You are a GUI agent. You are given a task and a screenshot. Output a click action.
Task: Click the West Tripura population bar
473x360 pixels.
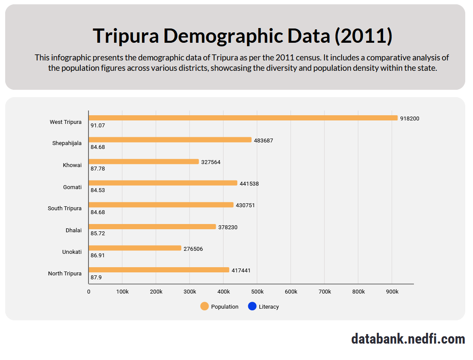[x=243, y=118]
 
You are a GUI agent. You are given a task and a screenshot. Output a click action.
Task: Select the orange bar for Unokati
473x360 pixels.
[x=135, y=248]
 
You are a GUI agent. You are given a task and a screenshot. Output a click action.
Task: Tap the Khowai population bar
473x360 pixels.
[x=144, y=162]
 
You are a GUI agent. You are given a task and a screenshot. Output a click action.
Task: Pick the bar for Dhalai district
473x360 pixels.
[x=152, y=227]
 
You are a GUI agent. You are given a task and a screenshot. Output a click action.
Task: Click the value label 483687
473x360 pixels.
[x=264, y=140]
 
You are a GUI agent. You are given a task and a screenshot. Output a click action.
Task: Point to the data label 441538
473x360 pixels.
[x=249, y=183]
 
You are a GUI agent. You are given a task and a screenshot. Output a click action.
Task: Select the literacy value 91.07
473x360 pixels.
[x=98, y=126]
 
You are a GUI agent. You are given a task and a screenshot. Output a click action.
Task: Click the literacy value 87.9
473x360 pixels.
[x=96, y=277]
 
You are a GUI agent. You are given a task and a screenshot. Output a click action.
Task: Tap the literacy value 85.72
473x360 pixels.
[x=98, y=234]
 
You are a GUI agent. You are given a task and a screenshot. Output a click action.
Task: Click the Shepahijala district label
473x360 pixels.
[x=67, y=143]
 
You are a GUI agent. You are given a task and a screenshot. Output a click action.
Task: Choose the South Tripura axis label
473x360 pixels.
[x=65, y=208]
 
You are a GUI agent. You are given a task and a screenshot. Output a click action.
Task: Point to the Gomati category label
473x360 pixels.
[x=72, y=187]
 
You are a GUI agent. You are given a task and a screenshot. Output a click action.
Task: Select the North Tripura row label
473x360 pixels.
[x=65, y=274]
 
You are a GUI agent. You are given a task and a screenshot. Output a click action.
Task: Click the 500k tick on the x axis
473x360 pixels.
[x=257, y=292]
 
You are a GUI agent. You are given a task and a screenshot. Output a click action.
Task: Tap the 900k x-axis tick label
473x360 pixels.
[x=392, y=292]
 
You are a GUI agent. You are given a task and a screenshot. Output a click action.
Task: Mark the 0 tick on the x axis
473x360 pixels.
[x=89, y=292]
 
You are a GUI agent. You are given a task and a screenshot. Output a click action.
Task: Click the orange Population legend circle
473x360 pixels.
[x=205, y=306]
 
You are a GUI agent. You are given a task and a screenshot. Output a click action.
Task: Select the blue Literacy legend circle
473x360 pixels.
[x=252, y=306]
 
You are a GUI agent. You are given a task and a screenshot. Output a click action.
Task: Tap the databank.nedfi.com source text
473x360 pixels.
[x=408, y=339]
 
